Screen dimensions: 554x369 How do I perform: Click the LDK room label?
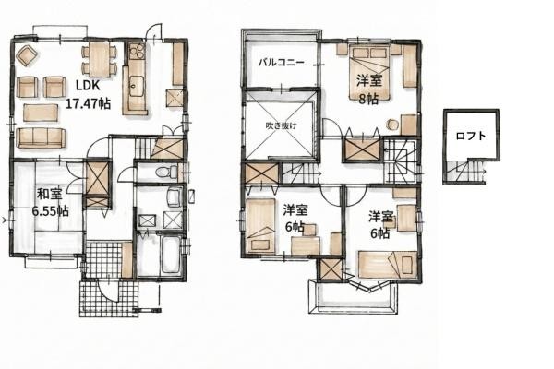[x=89, y=86]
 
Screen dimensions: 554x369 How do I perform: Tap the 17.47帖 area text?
[x=89, y=103]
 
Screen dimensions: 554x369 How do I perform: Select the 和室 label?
[x=50, y=195]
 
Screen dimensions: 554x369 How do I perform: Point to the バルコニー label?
[x=282, y=63]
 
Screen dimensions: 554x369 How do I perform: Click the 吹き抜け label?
[x=282, y=125]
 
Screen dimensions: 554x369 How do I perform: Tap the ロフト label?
[x=471, y=136]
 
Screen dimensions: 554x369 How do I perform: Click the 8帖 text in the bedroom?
[x=368, y=100]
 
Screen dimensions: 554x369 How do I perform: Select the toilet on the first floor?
[x=166, y=172]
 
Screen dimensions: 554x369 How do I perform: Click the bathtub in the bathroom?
[x=171, y=255]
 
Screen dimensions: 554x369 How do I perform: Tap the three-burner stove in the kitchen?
[x=137, y=52]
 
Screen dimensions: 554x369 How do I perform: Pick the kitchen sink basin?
[x=136, y=86]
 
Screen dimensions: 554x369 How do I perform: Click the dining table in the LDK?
[x=100, y=59]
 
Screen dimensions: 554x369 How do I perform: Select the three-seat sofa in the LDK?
[x=41, y=137]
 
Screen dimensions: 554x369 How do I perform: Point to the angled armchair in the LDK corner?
[x=27, y=55]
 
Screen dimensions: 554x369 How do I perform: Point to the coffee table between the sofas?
[x=41, y=113]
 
